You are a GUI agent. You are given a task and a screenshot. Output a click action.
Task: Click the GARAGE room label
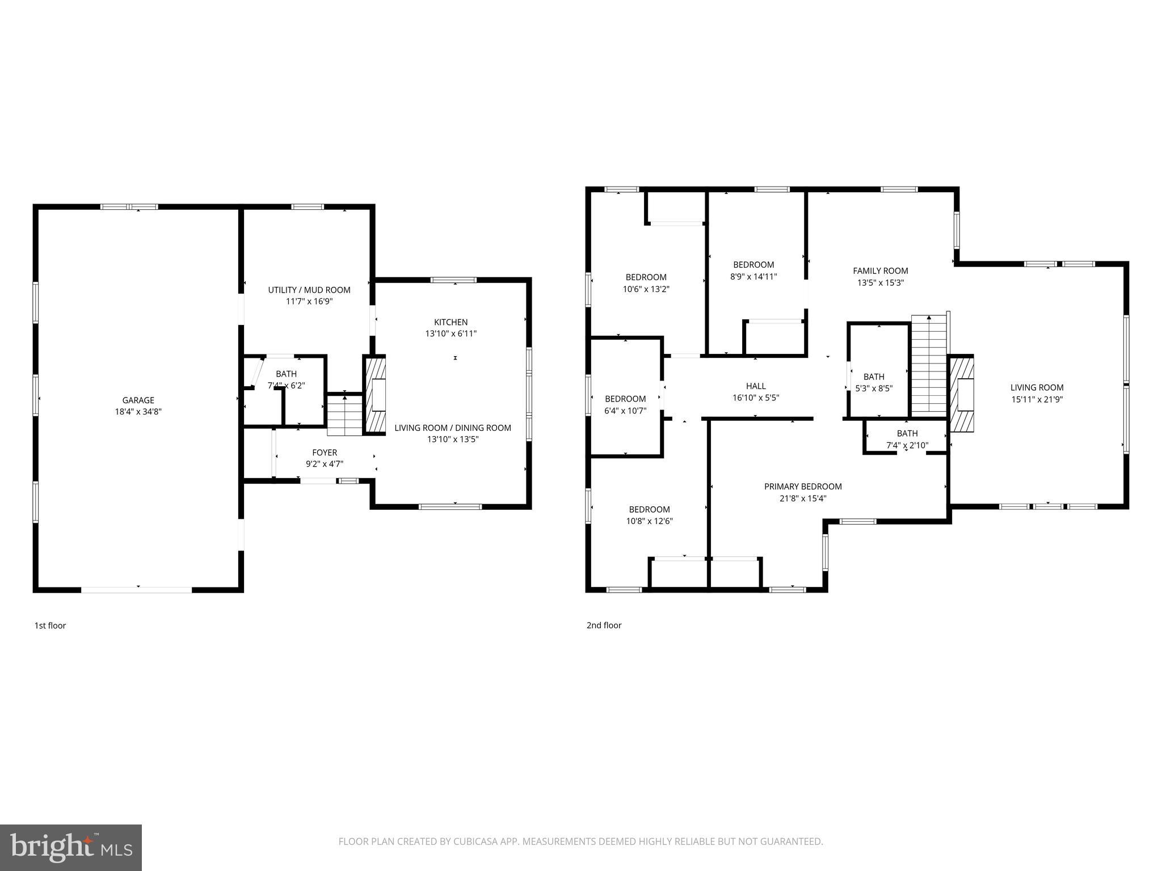point(138,400)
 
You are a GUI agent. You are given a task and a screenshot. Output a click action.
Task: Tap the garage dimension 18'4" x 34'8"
point(138,412)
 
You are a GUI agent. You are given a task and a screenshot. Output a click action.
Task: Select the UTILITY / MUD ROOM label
point(309,290)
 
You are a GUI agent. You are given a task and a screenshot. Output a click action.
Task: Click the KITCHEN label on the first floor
point(451,322)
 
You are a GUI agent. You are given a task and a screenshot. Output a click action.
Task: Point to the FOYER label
point(325,453)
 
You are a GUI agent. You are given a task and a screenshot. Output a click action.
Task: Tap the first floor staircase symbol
point(344,415)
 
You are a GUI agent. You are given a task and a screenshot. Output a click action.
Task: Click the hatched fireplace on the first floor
point(374,395)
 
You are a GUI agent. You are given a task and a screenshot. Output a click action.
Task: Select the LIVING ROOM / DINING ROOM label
point(453,428)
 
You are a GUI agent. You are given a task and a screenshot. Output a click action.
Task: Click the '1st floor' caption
point(50,625)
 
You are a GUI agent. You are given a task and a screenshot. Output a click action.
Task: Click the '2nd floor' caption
point(604,625)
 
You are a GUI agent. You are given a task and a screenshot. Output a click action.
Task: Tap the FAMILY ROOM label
point(880,271)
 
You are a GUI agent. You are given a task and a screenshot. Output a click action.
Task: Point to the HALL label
point(756,386)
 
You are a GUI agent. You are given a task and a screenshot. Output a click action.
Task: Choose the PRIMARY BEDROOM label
point(803,487)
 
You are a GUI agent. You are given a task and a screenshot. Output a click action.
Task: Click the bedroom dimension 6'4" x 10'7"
point(625,411)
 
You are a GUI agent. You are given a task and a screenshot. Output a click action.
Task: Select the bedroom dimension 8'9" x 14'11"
point(753,277)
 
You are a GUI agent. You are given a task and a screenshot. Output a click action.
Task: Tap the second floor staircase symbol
point(929,366)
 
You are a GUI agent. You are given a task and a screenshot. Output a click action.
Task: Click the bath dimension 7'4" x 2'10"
point(907,446)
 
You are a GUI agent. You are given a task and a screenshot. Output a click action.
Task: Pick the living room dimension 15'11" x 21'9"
point(1037,399)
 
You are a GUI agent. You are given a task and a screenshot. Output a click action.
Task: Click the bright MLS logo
point(70,847)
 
